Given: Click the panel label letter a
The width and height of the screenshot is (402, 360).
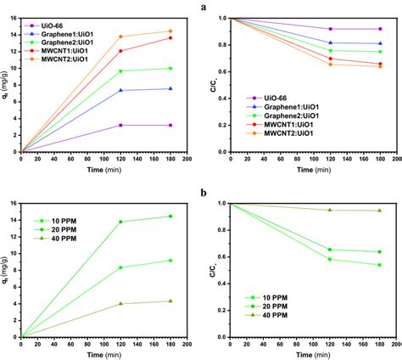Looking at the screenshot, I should click(x=204, y=7).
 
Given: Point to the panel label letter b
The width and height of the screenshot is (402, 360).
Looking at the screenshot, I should click(x=204, y=194).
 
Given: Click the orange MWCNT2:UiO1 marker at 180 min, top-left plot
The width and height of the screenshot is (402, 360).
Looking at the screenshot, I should click(x=170, y=31).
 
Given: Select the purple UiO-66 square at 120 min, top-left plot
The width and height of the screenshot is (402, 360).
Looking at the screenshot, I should click(x=120, y=125).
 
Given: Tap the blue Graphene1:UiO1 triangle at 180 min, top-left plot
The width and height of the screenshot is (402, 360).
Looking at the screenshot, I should click(x=170, y=88).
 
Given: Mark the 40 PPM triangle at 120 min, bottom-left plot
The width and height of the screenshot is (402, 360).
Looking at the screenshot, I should click(x=120, y=303).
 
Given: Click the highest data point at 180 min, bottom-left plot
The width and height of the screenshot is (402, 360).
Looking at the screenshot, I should click(x=170, y=217).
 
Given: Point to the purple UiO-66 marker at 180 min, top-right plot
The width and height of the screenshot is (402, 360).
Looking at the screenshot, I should click(x=379, y=29).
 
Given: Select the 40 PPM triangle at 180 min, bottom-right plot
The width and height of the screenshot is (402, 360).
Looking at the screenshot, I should click(x=379, y=211).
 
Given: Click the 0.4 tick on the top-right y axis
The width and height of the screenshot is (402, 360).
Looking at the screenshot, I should click(x=221, y=98).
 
